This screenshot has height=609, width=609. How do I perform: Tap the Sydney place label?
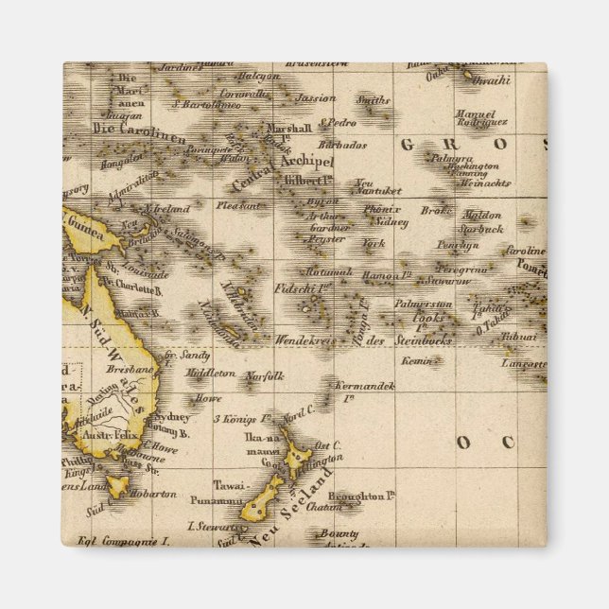click(x=172, y=416)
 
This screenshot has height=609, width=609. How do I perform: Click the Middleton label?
click(x=210, y=373)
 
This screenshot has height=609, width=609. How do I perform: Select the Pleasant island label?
click(x=237, y=204)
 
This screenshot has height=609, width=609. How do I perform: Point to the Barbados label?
click(x=341, y=146)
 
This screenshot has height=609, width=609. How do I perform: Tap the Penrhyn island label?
click(x=459, y=245)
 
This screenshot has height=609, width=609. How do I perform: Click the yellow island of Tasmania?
click(x=118, y=487)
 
